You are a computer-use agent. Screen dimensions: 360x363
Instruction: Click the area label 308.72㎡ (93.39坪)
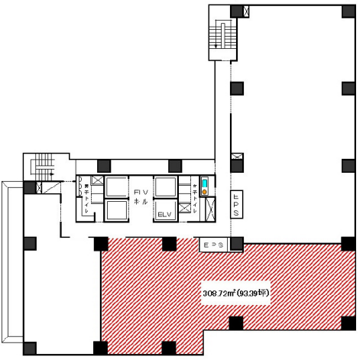point(237,293)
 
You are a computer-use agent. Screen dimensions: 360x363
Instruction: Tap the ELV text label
point(164,215)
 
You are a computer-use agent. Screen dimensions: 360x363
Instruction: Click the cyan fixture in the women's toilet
point(204,183)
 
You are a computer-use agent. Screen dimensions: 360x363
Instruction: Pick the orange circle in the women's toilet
point(204,191)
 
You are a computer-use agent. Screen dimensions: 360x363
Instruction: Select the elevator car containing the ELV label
point(165,211)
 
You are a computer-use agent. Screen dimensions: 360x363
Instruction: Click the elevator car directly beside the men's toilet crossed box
point(117,186)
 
